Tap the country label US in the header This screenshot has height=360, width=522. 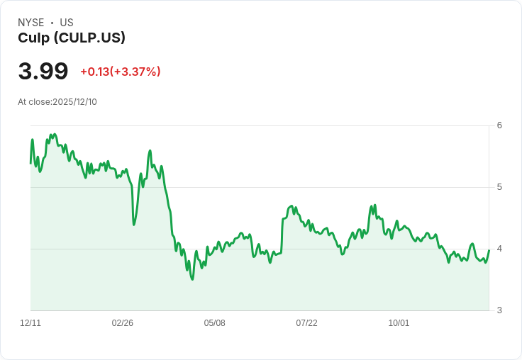(67, 23)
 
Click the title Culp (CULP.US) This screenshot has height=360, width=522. (72, 38)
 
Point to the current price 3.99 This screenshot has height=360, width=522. (43, 72)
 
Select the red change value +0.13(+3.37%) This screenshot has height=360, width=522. (121, 72)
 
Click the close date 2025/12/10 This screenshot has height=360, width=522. (74, 102)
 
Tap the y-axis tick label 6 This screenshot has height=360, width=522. (499, 125)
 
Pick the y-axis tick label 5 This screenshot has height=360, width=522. (499, 187)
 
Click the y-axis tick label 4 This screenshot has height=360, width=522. (499, 249)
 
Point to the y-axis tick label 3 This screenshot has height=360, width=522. (499, 310)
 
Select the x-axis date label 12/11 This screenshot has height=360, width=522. (30, 323)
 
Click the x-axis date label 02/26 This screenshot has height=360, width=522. (123, 323)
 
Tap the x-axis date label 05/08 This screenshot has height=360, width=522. (215, 323)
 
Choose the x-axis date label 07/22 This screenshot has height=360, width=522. (306, 323)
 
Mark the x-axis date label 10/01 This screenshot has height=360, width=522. (399, 323)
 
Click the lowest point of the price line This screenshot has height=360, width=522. (192, 279)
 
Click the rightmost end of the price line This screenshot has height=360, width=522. (489, 250)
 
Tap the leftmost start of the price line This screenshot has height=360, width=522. (30, 164)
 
